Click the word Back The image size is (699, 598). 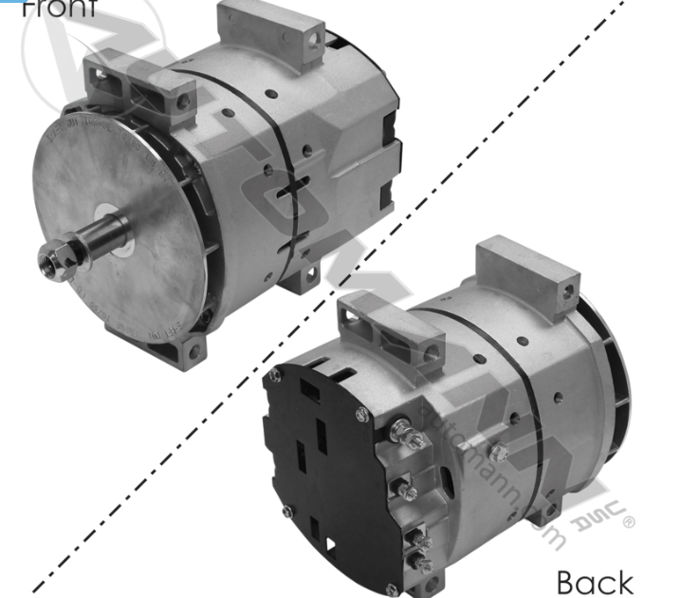595,581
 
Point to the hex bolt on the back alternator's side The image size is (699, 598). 499,453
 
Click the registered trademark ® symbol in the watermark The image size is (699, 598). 628,519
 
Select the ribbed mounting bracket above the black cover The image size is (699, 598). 391,323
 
